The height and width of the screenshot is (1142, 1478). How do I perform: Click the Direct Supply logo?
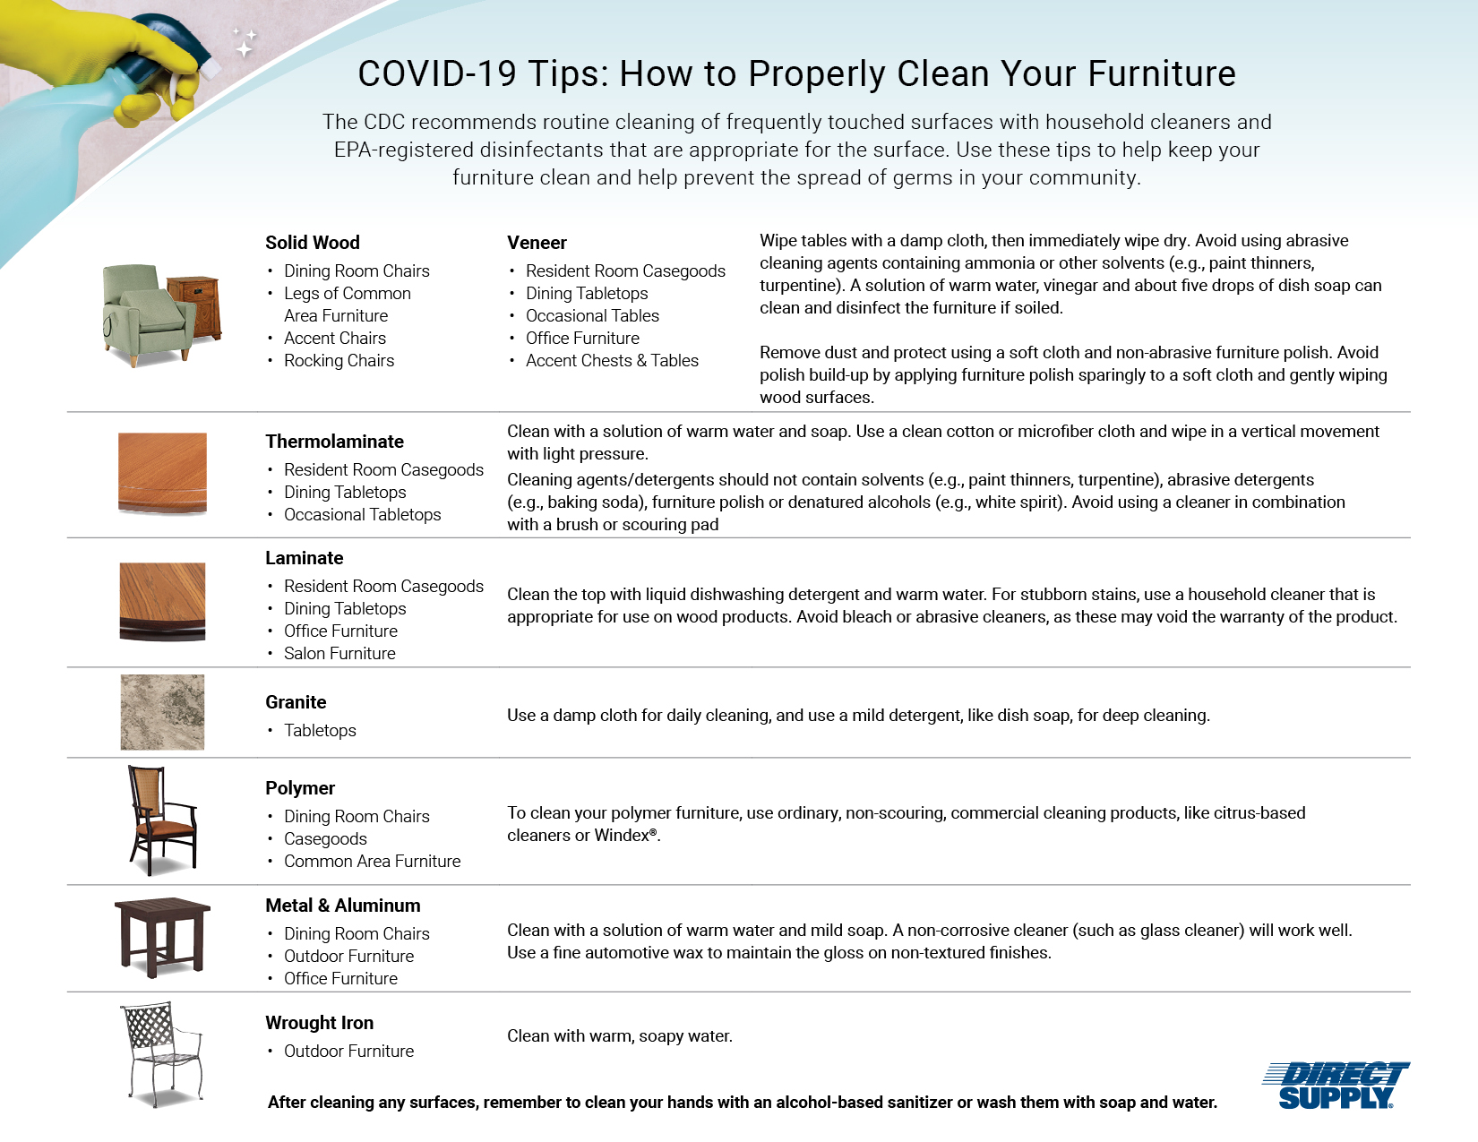click(1336, 1085)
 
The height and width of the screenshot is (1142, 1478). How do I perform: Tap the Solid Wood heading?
click(313, 243)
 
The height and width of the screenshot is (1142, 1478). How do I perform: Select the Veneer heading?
click(537, 243)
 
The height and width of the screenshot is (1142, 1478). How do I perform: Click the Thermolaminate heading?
click(335, 442)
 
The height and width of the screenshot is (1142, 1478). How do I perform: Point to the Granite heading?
click(296, 702)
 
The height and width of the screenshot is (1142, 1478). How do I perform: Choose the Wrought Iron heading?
click(320, 1023)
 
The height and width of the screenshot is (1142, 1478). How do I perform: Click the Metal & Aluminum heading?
click(343, 906)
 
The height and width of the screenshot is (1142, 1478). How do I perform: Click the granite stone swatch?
click(162, 712)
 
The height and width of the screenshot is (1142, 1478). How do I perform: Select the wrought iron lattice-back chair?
click(163, 1053)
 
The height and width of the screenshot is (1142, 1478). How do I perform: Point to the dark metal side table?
click(162, 937)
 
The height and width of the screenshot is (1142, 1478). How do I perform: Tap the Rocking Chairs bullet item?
click(339, 360)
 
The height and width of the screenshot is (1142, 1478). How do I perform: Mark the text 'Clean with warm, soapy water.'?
click(620, 1036)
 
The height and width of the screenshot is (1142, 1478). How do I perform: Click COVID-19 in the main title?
click(436, 73)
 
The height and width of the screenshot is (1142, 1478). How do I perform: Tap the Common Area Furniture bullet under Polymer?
click(372, 861)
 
